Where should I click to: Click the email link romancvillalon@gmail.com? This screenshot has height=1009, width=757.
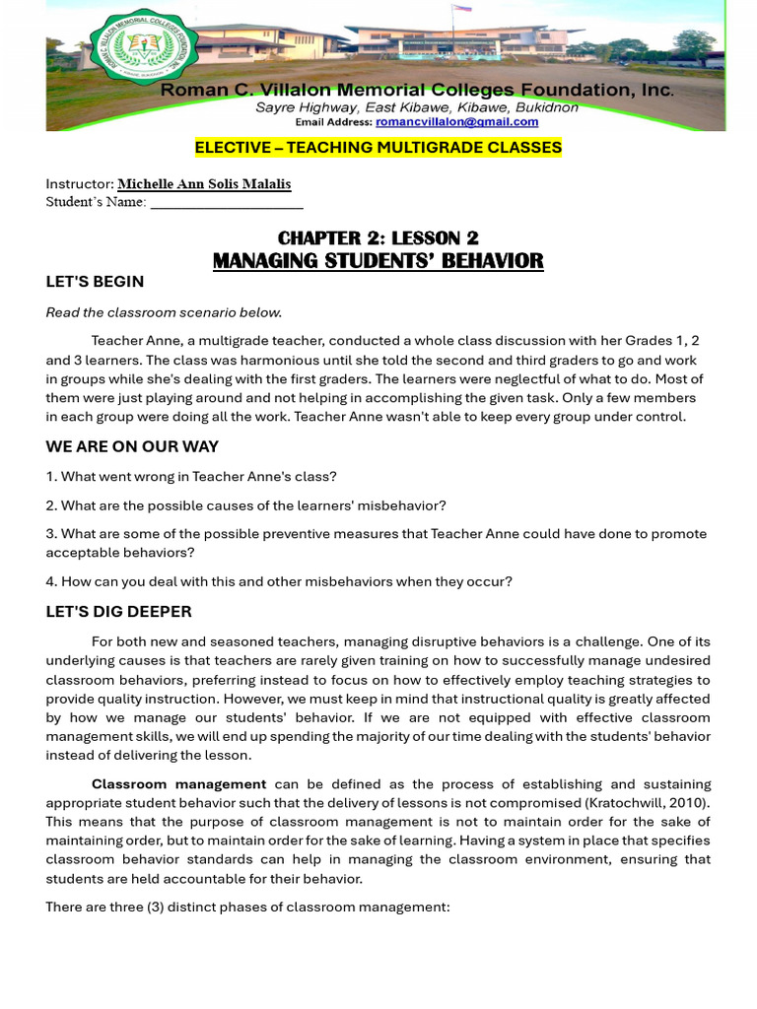tap(456, 122)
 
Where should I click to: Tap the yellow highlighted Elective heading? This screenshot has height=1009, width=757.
tap(378, 148)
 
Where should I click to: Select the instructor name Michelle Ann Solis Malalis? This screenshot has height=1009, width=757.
tap(204, 184)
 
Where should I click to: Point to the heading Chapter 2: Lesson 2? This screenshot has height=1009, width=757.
tap(378, 237)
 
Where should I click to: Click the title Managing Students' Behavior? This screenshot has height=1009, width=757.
tap(378, 261)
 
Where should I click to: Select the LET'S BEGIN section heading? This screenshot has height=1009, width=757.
tap(95, 282)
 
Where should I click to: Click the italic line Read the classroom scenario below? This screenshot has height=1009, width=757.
tap(164, 312)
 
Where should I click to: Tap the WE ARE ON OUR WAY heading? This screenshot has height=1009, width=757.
tap(132, 446)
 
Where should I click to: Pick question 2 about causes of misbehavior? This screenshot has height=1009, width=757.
tap(245, 505)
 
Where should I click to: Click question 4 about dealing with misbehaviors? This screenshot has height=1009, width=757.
tap(279, 581)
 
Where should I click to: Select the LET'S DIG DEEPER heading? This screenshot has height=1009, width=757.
tap(118, 612)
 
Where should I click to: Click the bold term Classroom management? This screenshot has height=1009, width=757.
tap(178, 784)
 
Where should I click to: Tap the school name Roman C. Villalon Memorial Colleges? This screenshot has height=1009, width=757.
tap(418, 90)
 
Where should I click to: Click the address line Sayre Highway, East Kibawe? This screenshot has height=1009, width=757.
tap(417, 107)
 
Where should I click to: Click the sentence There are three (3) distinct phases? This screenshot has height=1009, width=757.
tap(247, 906)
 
